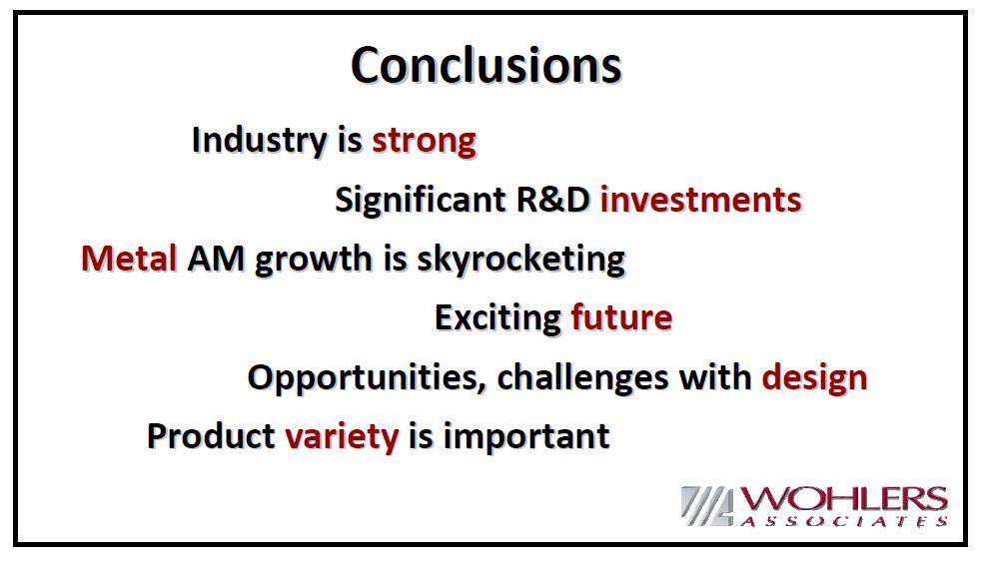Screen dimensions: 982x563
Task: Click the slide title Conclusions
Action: (x=486, y=65)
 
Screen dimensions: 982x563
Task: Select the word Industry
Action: (x=260, y=140)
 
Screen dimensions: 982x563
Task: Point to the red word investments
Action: (x=701, y=200)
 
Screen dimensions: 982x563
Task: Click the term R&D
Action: (x=553, y=200)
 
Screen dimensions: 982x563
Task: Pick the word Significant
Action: (x=421, y=201)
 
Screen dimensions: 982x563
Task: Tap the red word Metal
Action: (x=129, y=259)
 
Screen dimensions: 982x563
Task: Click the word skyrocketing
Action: (x=521, y=259)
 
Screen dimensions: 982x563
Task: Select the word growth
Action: (x=313, y=259)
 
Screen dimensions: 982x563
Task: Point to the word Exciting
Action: (x=497, y=317)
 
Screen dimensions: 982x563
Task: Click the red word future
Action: (x=621, y=317)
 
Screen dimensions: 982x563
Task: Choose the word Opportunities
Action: (x=367, y=378)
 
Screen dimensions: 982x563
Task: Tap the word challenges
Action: (x=582, y=378)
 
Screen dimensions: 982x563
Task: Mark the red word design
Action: (x=814, y=377)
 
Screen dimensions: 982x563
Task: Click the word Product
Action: (x=211, y=435)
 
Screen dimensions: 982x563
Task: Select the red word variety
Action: (x=342, y=436)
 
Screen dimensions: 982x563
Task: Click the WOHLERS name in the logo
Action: (x=843, y=500)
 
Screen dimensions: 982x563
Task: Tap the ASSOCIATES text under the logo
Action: (x=843, y=521)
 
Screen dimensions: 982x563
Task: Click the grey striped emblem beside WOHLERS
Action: (x=707, y=505)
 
